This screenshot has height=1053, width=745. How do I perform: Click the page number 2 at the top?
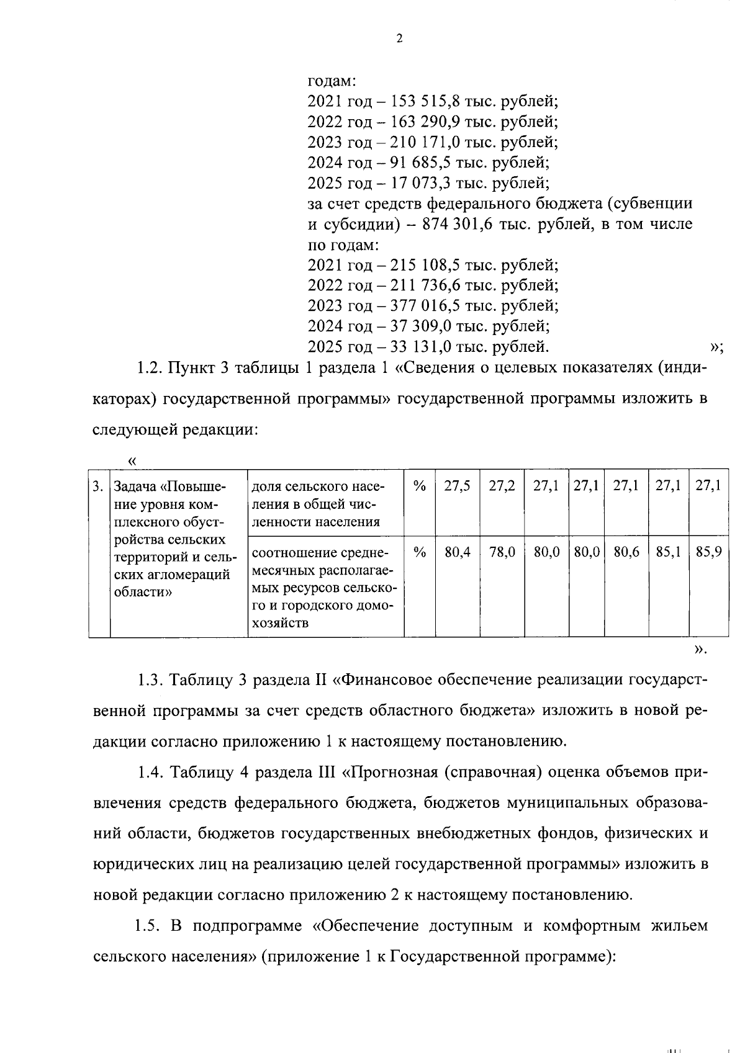[x=399, y=38]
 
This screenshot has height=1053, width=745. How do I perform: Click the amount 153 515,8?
[x=421, y=101]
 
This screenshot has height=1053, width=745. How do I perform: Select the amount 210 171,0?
[x=420, y=142]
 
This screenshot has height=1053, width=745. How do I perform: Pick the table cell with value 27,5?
[x=457, y=486]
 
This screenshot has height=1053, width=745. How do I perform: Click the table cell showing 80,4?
[x=457, y=552]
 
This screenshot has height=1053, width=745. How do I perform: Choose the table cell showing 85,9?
[x=708, y=552]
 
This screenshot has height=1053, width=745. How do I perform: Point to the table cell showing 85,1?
[x=669, y=552]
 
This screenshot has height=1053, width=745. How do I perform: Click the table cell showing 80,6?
[x=626, y=552]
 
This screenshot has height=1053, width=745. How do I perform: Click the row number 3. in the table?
[x=98, y=486]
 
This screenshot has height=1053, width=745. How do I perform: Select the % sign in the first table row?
[x=420, y=486]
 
